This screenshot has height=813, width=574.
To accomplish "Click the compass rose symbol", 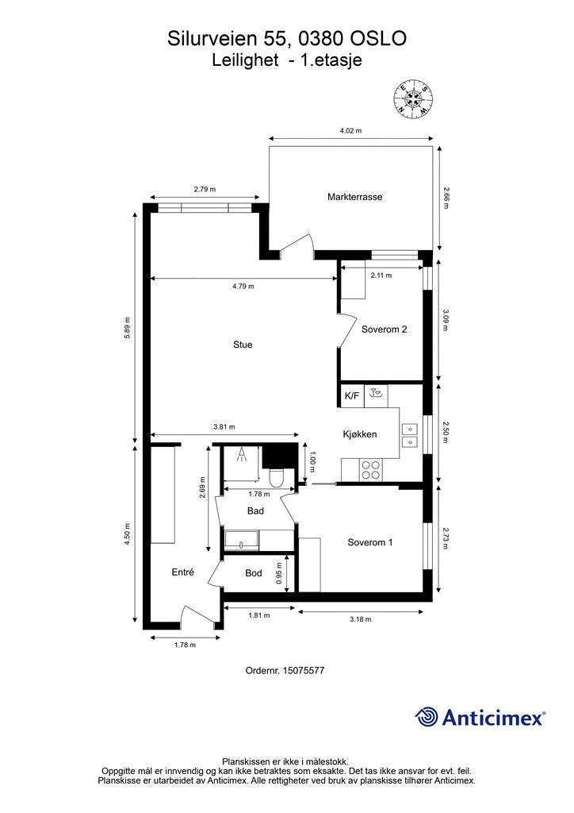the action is pos(413,98).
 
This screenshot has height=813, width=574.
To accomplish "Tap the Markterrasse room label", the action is pos(354,197).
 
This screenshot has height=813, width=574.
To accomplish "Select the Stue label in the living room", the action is pos(243,345).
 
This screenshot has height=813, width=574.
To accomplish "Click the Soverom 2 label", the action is pos(384,329).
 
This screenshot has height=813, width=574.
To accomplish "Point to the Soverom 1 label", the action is pos(370,542).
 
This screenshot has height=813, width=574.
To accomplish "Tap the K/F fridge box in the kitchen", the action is pos(352,396).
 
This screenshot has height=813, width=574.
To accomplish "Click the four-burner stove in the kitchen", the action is pos(370,470).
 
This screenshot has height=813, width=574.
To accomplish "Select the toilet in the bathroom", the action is pos(276,476).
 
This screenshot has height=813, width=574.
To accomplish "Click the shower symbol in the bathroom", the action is pos(242,455).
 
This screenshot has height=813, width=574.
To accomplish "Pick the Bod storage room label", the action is pos(254,573).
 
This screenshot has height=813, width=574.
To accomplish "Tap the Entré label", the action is pos(182,572).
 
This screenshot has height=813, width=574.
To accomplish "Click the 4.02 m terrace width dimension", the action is pos(350,131).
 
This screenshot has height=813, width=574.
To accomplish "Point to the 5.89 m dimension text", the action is pos(128,328).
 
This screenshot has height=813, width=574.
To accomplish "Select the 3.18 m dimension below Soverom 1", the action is pos(360,618).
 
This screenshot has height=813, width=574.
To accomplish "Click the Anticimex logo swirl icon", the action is pos(427,718).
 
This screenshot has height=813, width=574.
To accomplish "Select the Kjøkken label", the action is pos(360,434).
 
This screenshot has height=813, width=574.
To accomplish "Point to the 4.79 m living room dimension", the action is pos(243,286).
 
